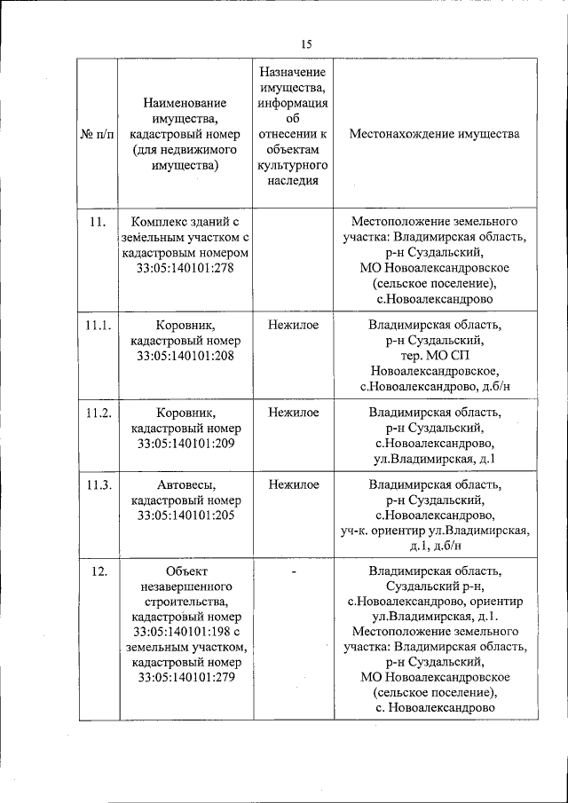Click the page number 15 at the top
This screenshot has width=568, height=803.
coord(306,43)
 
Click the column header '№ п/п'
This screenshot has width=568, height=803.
coord(98,134)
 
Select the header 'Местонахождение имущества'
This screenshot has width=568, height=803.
coord(434,134)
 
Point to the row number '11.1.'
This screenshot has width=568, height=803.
coord(98,326)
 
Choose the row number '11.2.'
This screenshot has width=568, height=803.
coord(98,413)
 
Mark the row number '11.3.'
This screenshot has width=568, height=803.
coord(98,484)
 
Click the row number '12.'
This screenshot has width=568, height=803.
coord(99,571)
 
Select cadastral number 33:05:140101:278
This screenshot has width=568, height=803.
coord(185,268)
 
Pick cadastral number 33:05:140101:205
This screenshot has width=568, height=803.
coord(185,515)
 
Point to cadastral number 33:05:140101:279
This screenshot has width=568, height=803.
coord(185,678)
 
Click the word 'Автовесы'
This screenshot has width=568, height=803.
coord(185,484)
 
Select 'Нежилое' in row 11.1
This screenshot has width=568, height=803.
coord(293,326)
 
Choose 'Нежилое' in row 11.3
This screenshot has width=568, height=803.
coord(293,484)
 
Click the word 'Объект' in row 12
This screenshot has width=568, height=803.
coord(185,571)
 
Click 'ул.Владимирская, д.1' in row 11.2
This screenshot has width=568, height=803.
coord(434,459)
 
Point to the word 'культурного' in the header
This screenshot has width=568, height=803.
coord(293,165)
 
